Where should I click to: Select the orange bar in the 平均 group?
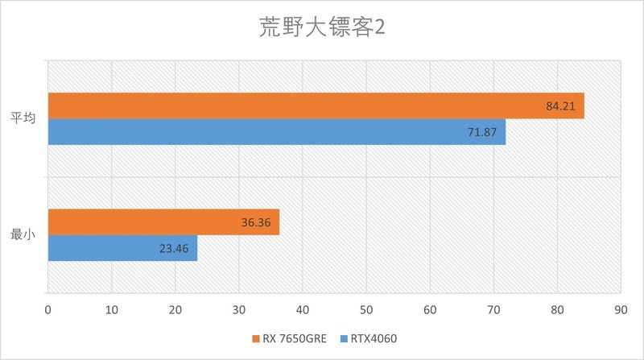click(x=316, y=106)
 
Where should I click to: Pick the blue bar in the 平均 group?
click(x=276, y=132)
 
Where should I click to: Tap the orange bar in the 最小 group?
click(x=163, y=222)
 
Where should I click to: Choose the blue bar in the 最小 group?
click(x=122, y=248)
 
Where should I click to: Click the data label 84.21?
click(x=560, y=106)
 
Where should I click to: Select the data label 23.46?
click(x=174, y=248)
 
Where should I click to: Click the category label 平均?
click(x=23, y=118)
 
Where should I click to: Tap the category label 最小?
click(x=23, y=235)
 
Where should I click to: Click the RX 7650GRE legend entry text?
click(x=294, y=338)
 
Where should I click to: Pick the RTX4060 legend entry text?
click(x=375, y=338)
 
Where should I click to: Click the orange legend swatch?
click(x=255, y=338)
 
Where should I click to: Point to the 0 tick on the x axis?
click(x=48, y=308)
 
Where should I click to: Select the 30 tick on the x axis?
click(x=239, y=308)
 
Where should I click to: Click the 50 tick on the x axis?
click(x=366, y=308)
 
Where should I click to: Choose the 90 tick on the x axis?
click(x=620, y=308)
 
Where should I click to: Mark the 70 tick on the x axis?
click(x=493, y=308)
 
